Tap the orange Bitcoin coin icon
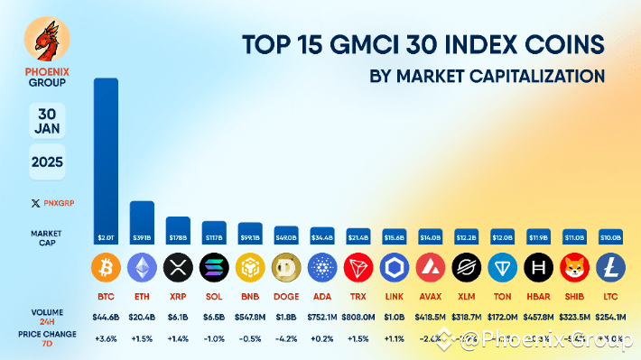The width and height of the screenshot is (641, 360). tap(106, 268)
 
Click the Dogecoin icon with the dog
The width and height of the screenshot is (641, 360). tap(285, 268)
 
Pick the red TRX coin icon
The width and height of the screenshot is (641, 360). tap(358, 268)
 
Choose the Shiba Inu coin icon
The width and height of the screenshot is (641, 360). tap(574, 268)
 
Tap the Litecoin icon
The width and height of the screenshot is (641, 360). tap(610, 268)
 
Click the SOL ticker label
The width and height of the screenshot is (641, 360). tap(214, 295)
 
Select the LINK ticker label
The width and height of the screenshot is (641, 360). tap(394, 295)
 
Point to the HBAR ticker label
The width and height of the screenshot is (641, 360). tap(538, 295)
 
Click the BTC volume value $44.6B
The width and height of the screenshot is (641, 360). tap(106, 317)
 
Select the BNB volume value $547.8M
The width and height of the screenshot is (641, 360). tap(250, 317)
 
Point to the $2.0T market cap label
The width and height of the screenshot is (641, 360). tap(106, 238)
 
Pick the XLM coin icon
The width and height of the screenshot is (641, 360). tap(466, 268)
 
